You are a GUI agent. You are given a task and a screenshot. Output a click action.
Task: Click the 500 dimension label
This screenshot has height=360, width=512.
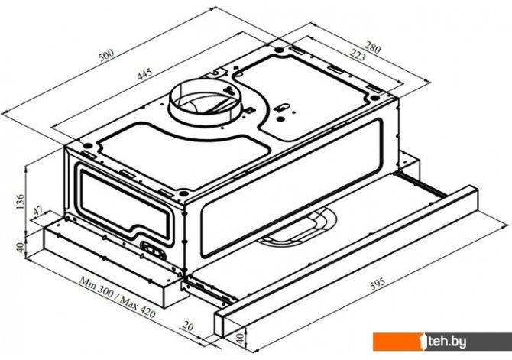[x=106, y=55]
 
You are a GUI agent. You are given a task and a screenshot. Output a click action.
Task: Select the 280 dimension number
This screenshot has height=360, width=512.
[x=372, y=48]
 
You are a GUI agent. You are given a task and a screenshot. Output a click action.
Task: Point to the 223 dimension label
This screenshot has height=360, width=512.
[x=358, y=54]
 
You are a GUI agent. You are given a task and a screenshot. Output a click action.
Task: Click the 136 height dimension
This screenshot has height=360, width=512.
[x=20, y=202]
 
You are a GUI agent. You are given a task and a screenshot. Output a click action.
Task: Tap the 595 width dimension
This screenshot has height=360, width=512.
[x=378, y=284]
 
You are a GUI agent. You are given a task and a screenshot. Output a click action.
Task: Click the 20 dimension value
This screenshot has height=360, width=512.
[x=188, y=326]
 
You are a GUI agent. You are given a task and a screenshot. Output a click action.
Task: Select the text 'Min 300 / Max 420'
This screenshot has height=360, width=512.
[x=117, y=297]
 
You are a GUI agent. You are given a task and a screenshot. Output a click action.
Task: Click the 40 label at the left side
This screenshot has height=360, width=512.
[x=20, y=247]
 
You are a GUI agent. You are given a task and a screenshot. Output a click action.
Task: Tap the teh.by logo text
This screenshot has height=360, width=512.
[x=447, y=342]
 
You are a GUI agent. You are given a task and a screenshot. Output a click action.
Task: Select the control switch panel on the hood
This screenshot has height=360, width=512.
[x=154, y=251]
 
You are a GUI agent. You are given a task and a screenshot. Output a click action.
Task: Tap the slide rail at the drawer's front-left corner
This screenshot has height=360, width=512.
[x=209, y=290]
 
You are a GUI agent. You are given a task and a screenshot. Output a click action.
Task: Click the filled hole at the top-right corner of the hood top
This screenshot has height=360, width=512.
[x=375, y=98]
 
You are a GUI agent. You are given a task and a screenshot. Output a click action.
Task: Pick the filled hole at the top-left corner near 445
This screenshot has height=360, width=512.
[x=87, y=146]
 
